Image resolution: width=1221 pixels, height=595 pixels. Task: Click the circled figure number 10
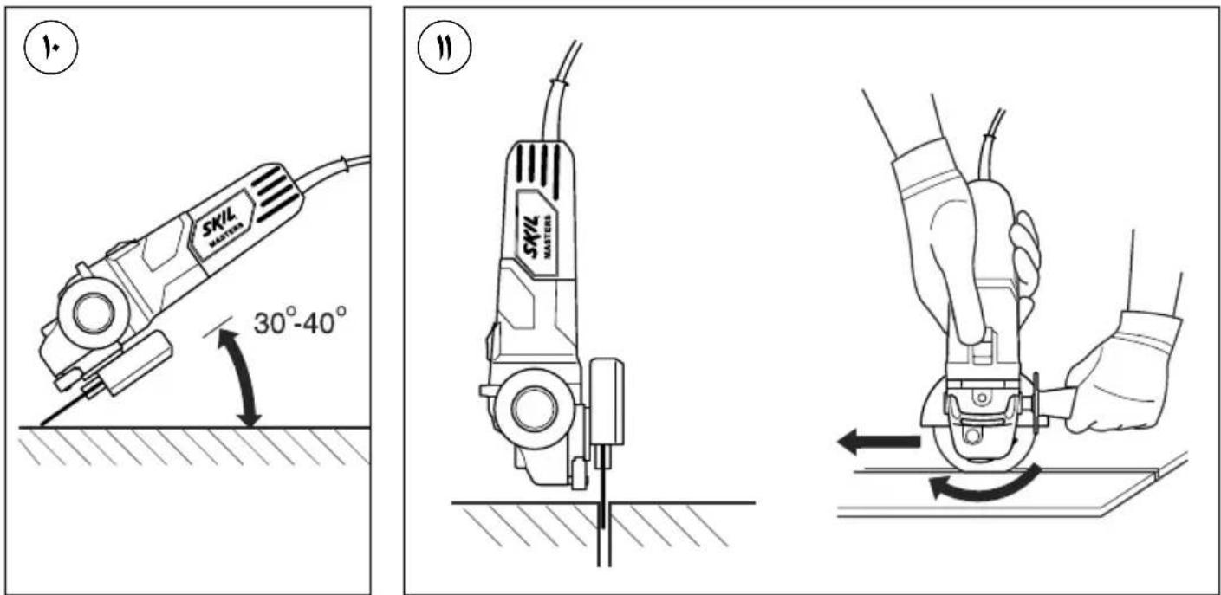pyautogui.click(x=50, y=48)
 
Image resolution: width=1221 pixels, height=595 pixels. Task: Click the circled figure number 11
pyautogui.click(x=445, y=49)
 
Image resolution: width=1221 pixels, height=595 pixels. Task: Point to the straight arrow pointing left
pyautogui.click(x=878, y=441)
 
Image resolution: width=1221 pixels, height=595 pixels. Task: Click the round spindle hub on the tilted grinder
pyautogui.click(x=94, y=314)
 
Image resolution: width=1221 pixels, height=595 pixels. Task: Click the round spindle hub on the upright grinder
pyautogui.click(x=534, y=409)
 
